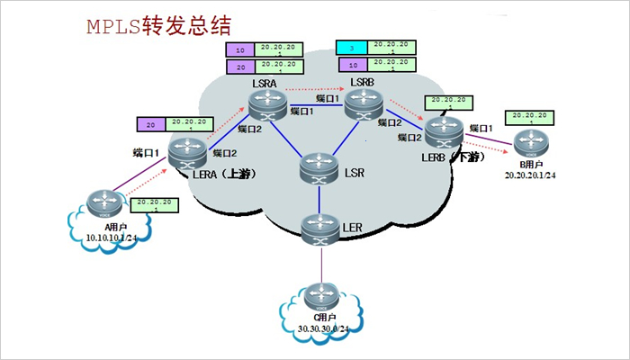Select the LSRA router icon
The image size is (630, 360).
pyautogui.click(x=266, y=106)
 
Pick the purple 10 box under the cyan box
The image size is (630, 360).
pyautogui.click(x=354, y=65)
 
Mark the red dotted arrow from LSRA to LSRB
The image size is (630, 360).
pyautogui.click(x=315, y=92)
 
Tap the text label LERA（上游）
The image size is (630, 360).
pyautogui.click(x=220, y=175)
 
